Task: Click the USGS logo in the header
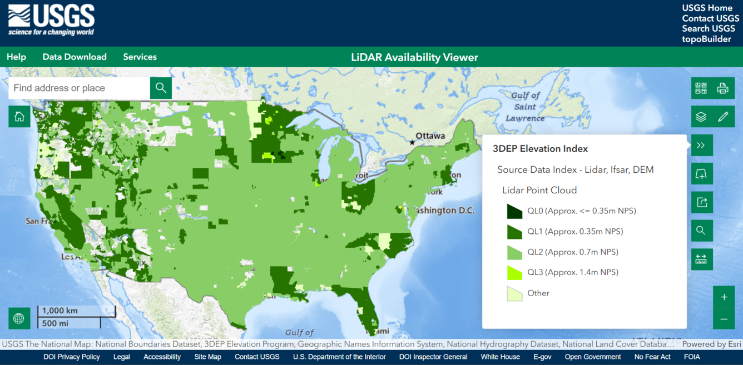coord(51,21)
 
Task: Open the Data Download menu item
coord(75,57)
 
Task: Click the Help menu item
coord(16,57)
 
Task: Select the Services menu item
coord(140,57)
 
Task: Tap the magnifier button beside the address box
coord(161,88)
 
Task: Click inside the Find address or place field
coord(79,88)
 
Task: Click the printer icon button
coord(722,88)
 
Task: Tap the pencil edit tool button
coord(722,117)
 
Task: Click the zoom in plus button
coord(724,297)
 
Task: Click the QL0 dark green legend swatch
coord(514,211)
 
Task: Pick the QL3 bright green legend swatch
coord(514,272)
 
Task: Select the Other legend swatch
coord(514,293)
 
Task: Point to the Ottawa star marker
coord(412,142)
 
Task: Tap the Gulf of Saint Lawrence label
coord(525,107)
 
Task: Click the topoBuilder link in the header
coord(706,39)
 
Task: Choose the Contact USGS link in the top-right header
coord(710,18)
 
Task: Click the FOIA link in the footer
coord(692,357)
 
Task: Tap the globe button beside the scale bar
coord(19,318)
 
